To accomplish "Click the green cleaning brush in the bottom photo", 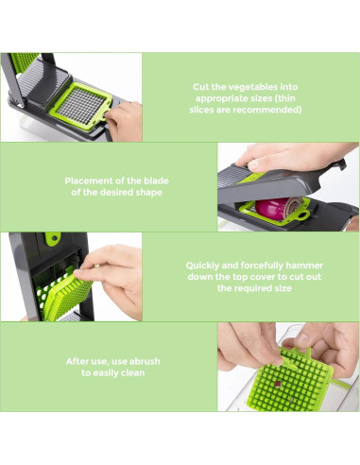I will coord(296,381).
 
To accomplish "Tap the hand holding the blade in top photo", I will coord(123,119).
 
